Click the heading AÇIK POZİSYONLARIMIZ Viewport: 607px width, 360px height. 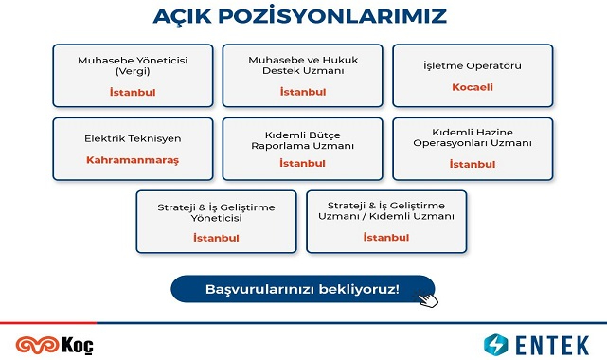coord(300,17)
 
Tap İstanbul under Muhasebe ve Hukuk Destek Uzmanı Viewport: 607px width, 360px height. coord(302,92)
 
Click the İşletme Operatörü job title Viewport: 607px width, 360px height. coord(472,65)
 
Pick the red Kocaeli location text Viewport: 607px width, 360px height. coord(472,88)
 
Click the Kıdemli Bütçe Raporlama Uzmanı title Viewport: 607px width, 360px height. coord(302,140)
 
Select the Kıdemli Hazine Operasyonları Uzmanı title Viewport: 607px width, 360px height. coord(472,138)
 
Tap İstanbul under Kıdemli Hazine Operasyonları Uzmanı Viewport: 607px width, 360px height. coord(472,164)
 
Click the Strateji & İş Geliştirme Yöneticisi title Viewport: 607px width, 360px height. coord(217,210)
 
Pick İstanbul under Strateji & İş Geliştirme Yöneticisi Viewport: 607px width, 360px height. coord(217,236)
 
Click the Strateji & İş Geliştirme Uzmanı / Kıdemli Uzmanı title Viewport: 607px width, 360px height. coord(387,210)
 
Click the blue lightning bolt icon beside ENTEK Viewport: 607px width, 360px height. coord(496,344)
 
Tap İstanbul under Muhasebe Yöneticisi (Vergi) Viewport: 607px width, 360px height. coord(133,92)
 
